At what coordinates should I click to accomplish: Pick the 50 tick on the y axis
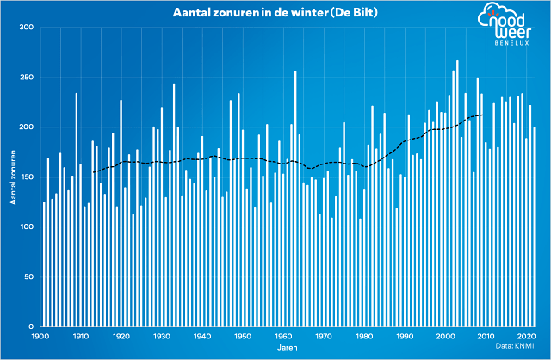click(x=28, y=277)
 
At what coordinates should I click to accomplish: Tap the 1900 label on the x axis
click(x=40, y=337)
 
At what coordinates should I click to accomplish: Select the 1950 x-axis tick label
click(x=243, y=337)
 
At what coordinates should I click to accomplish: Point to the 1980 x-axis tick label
click(x=364, y=337)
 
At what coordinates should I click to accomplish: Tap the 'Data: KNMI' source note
click(x=514, y=346)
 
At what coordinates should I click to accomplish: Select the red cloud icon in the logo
click(x=492, y=12)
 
